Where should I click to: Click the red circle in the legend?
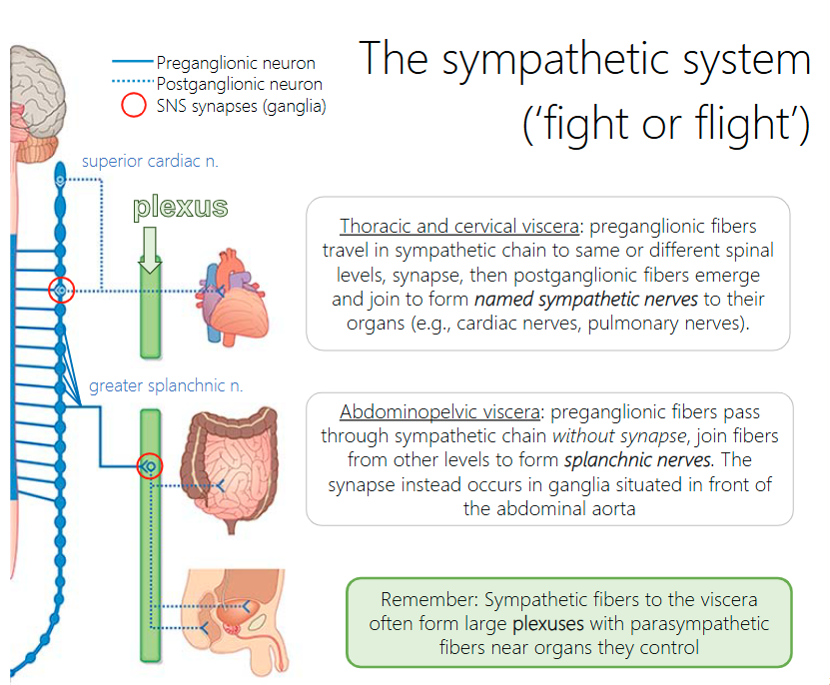click(133, 105)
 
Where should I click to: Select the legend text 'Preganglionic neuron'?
click(236, 63)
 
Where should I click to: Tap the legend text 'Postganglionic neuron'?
click(241, 83)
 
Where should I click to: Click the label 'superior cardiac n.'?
click(150, 160)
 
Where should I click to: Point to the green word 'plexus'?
click(180, 208)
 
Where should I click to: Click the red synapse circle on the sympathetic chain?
click(61, 291)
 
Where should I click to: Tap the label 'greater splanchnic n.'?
click(166, 384)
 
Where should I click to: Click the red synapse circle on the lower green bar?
click(149, 465)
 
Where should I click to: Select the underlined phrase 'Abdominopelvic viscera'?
click(441, 412)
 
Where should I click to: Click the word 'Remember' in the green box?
click(426, 600)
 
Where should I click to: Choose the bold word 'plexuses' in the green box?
click(547, 624)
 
